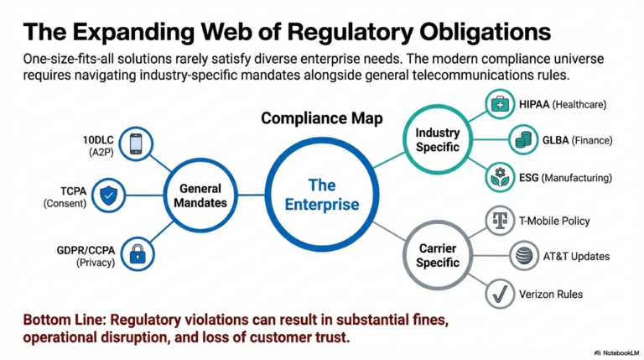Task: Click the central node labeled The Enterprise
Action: tap(322, 194)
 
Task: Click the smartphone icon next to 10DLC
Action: tap(135, 143)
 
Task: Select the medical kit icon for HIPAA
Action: tap(500, 104)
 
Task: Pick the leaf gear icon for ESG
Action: tap(500, 178)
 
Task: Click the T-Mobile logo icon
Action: tap(500, 221)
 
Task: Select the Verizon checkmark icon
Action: tap(500, 294)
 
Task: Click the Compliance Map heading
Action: tap(322, 118)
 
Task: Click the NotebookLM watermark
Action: tap(613, 352)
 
